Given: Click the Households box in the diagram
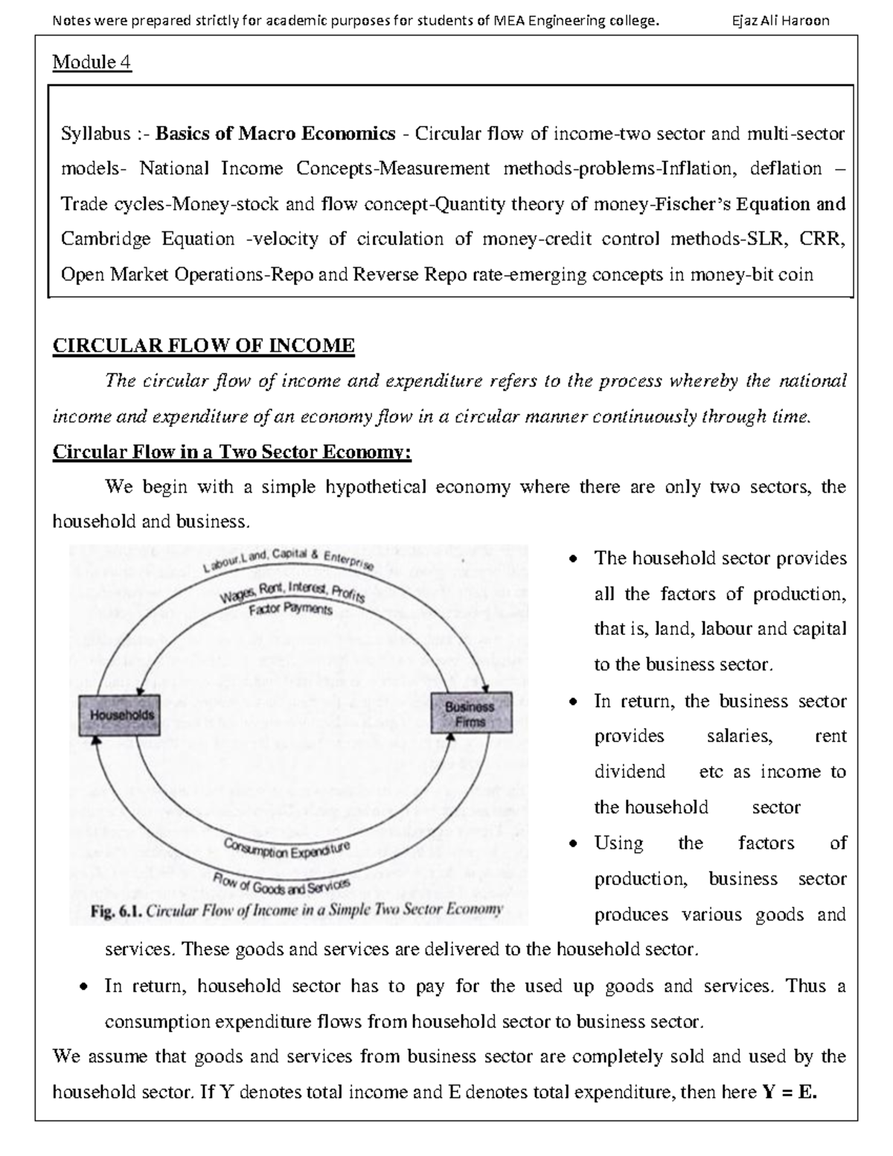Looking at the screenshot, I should [x=122, y=715].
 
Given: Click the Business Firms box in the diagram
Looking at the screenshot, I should [x=471, y=713].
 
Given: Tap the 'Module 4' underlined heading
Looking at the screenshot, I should [x=92, y=63].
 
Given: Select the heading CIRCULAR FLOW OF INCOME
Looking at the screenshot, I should [x=203, y=345].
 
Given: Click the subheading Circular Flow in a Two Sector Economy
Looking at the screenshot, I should [x=231, y=453].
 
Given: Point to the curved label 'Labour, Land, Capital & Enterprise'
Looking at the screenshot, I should [x=288, y=561].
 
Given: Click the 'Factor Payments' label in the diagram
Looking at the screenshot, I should [x=290, y=609].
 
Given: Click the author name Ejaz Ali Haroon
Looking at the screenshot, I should [x=780, y=21].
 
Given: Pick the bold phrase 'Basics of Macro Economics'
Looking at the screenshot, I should [x=275, y=134].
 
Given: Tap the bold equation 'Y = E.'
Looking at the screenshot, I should [x=790, y=1092].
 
